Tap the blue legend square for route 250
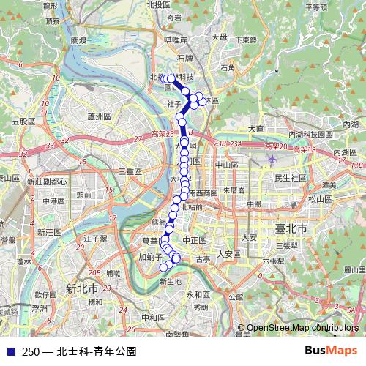point(10,351)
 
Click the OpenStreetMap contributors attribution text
point(303,328)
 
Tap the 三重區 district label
point(130,171)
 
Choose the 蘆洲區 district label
point(97,116)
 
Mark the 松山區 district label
point(320,198)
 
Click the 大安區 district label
point(228,254)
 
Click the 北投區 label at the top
point(158,4)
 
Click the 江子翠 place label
point(96,238)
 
